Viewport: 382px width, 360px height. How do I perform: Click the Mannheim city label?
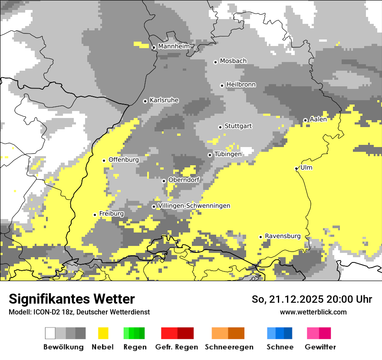174,46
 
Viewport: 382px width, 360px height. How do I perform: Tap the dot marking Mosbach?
215,62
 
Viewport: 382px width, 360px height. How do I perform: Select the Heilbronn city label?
241,85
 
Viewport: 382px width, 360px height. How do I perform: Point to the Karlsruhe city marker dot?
145,101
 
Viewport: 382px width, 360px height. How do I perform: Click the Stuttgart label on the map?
238,126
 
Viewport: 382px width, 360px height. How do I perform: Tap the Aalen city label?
318,119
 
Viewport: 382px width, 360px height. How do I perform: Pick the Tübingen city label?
228,154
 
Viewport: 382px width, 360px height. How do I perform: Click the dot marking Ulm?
296,168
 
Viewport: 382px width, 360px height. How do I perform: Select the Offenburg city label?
124,160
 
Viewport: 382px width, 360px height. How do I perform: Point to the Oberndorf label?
184,180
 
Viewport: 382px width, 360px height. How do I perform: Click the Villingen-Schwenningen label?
194,206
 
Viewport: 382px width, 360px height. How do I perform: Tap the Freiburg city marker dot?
95,215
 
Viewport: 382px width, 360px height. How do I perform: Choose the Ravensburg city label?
283,236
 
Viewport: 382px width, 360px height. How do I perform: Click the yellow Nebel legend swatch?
103,333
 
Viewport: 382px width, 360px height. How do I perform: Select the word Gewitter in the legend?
320,347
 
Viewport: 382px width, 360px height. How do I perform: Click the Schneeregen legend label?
229,347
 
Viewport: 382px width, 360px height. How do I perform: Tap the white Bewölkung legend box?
50,333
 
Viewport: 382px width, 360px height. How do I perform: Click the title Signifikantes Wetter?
72,299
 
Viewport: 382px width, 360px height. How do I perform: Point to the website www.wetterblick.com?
313,312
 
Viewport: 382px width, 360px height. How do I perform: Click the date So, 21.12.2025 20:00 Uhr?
312,299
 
